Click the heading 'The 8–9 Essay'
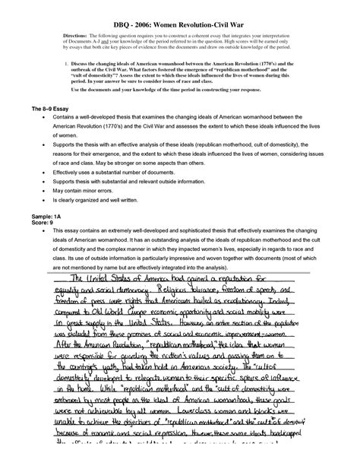[x=54, y=111]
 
